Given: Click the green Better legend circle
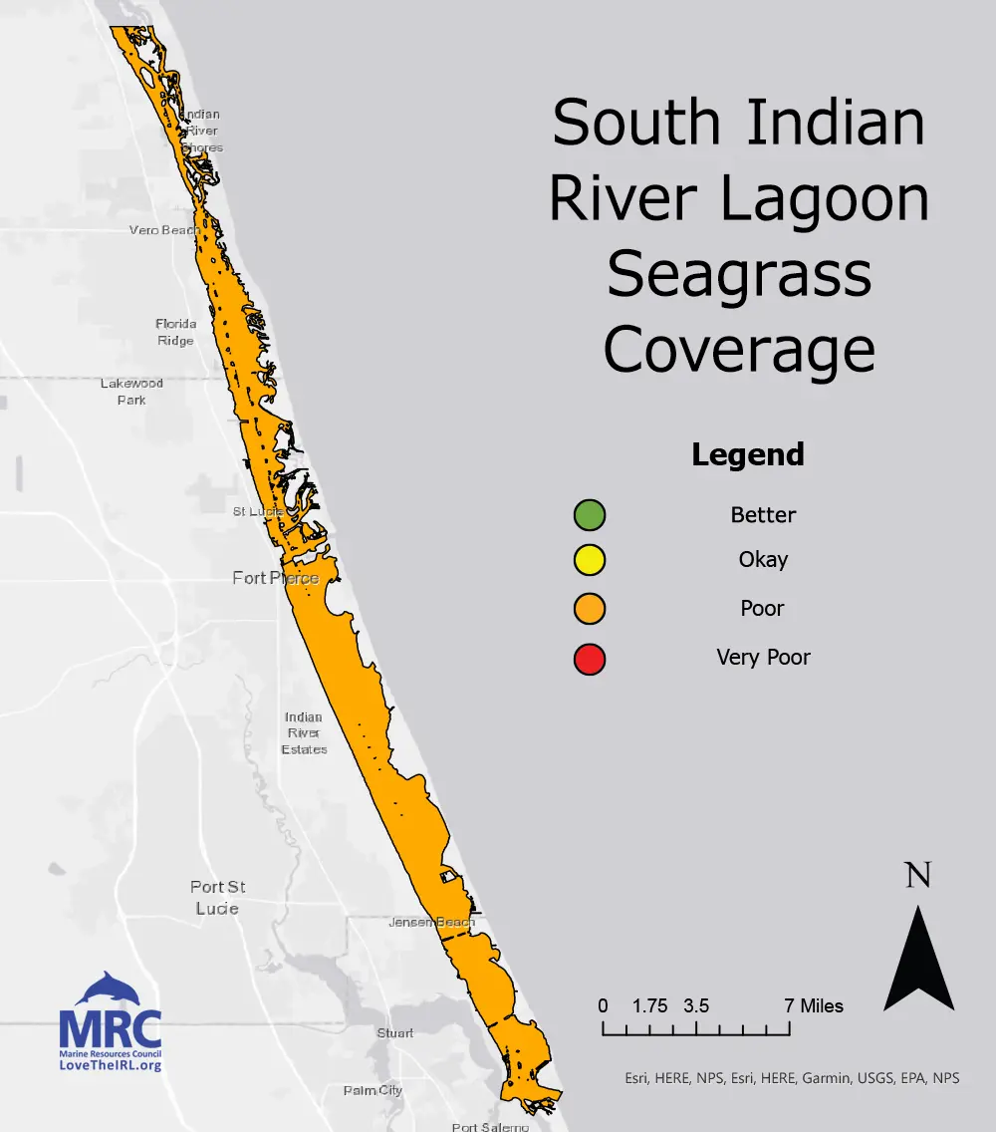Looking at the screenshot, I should [590, 515].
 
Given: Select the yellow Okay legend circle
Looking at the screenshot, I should [590, 560].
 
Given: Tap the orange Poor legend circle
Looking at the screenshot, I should [590, 608].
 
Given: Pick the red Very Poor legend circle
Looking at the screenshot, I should [590, 659].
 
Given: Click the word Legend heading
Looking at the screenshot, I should [747, 454].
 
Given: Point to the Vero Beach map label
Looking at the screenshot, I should [164, 230].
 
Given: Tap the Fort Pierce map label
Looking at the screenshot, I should [275, 578].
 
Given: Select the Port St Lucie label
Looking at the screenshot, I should [218, 897].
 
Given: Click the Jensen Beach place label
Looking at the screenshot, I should [431, 923].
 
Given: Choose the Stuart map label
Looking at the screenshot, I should [394, 1033].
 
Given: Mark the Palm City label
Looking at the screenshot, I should [373, 1090].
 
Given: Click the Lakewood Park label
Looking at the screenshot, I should [131, 391].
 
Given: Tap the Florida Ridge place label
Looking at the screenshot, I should [175, 332].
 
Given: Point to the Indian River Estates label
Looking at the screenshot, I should [304, 733].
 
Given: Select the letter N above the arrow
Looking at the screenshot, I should [918, 876].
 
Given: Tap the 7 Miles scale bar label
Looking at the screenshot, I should [814, 1005].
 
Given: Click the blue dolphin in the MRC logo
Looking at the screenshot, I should [112, 989].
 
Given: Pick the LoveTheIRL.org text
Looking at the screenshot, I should [111, 1065].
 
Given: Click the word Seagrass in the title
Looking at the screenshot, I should [739, 274].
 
